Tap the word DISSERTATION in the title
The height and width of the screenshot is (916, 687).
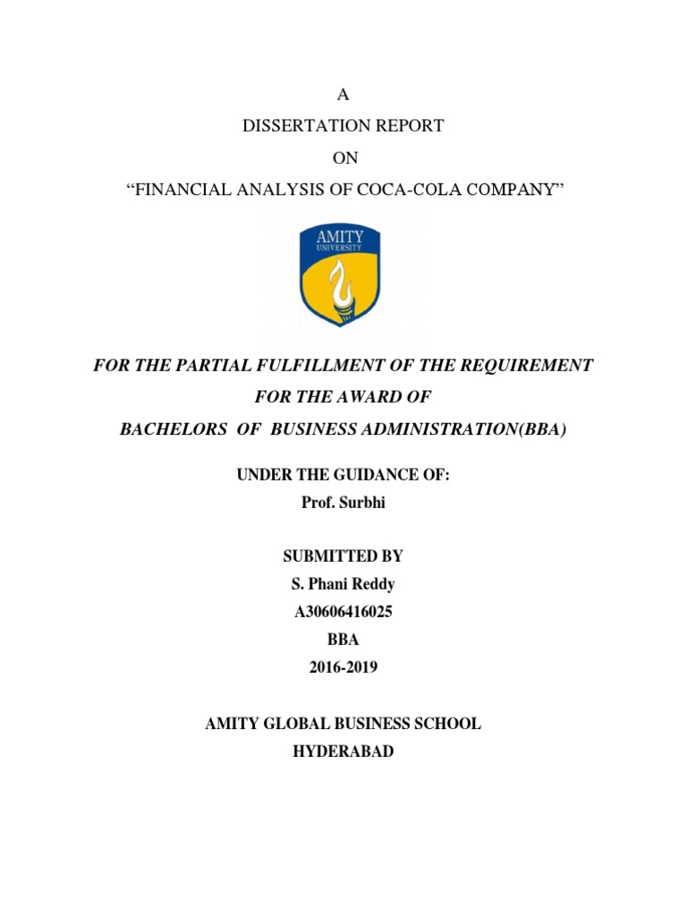pyautogui.click(x=301, y=126)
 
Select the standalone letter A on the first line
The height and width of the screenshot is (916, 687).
pyautogui.click(x=343, y=95)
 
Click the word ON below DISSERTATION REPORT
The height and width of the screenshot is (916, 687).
pyautogui.click(x=344, y=158)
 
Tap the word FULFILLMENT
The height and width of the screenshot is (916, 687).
pyautogui.click(x=344, y=366)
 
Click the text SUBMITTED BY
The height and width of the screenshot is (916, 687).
pyautogui.click(x=343, y=556)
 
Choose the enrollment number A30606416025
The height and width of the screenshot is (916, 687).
pyautogui.click(x=343, y=613)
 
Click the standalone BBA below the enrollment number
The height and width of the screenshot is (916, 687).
pyautogui.click(x=343, y=640)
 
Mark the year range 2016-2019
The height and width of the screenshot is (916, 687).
pyautogui.click(x=343, y=667)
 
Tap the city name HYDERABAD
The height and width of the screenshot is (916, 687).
pyautogui.click(x=343, y=751)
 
